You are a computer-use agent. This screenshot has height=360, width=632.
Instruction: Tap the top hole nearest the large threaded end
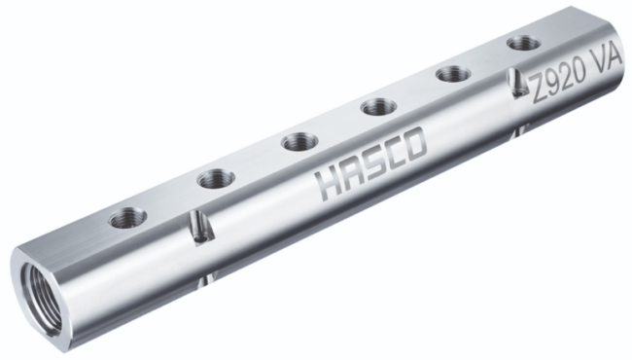point(127,218)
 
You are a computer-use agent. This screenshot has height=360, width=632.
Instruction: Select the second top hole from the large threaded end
point(217,179)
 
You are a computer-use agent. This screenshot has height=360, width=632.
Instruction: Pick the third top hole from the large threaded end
point(299,143)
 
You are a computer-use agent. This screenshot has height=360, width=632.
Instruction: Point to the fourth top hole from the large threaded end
point(379,107)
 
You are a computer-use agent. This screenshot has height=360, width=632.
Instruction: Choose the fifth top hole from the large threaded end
point(453,74)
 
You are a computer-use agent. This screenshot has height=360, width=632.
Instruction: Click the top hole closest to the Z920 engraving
point(523,43)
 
